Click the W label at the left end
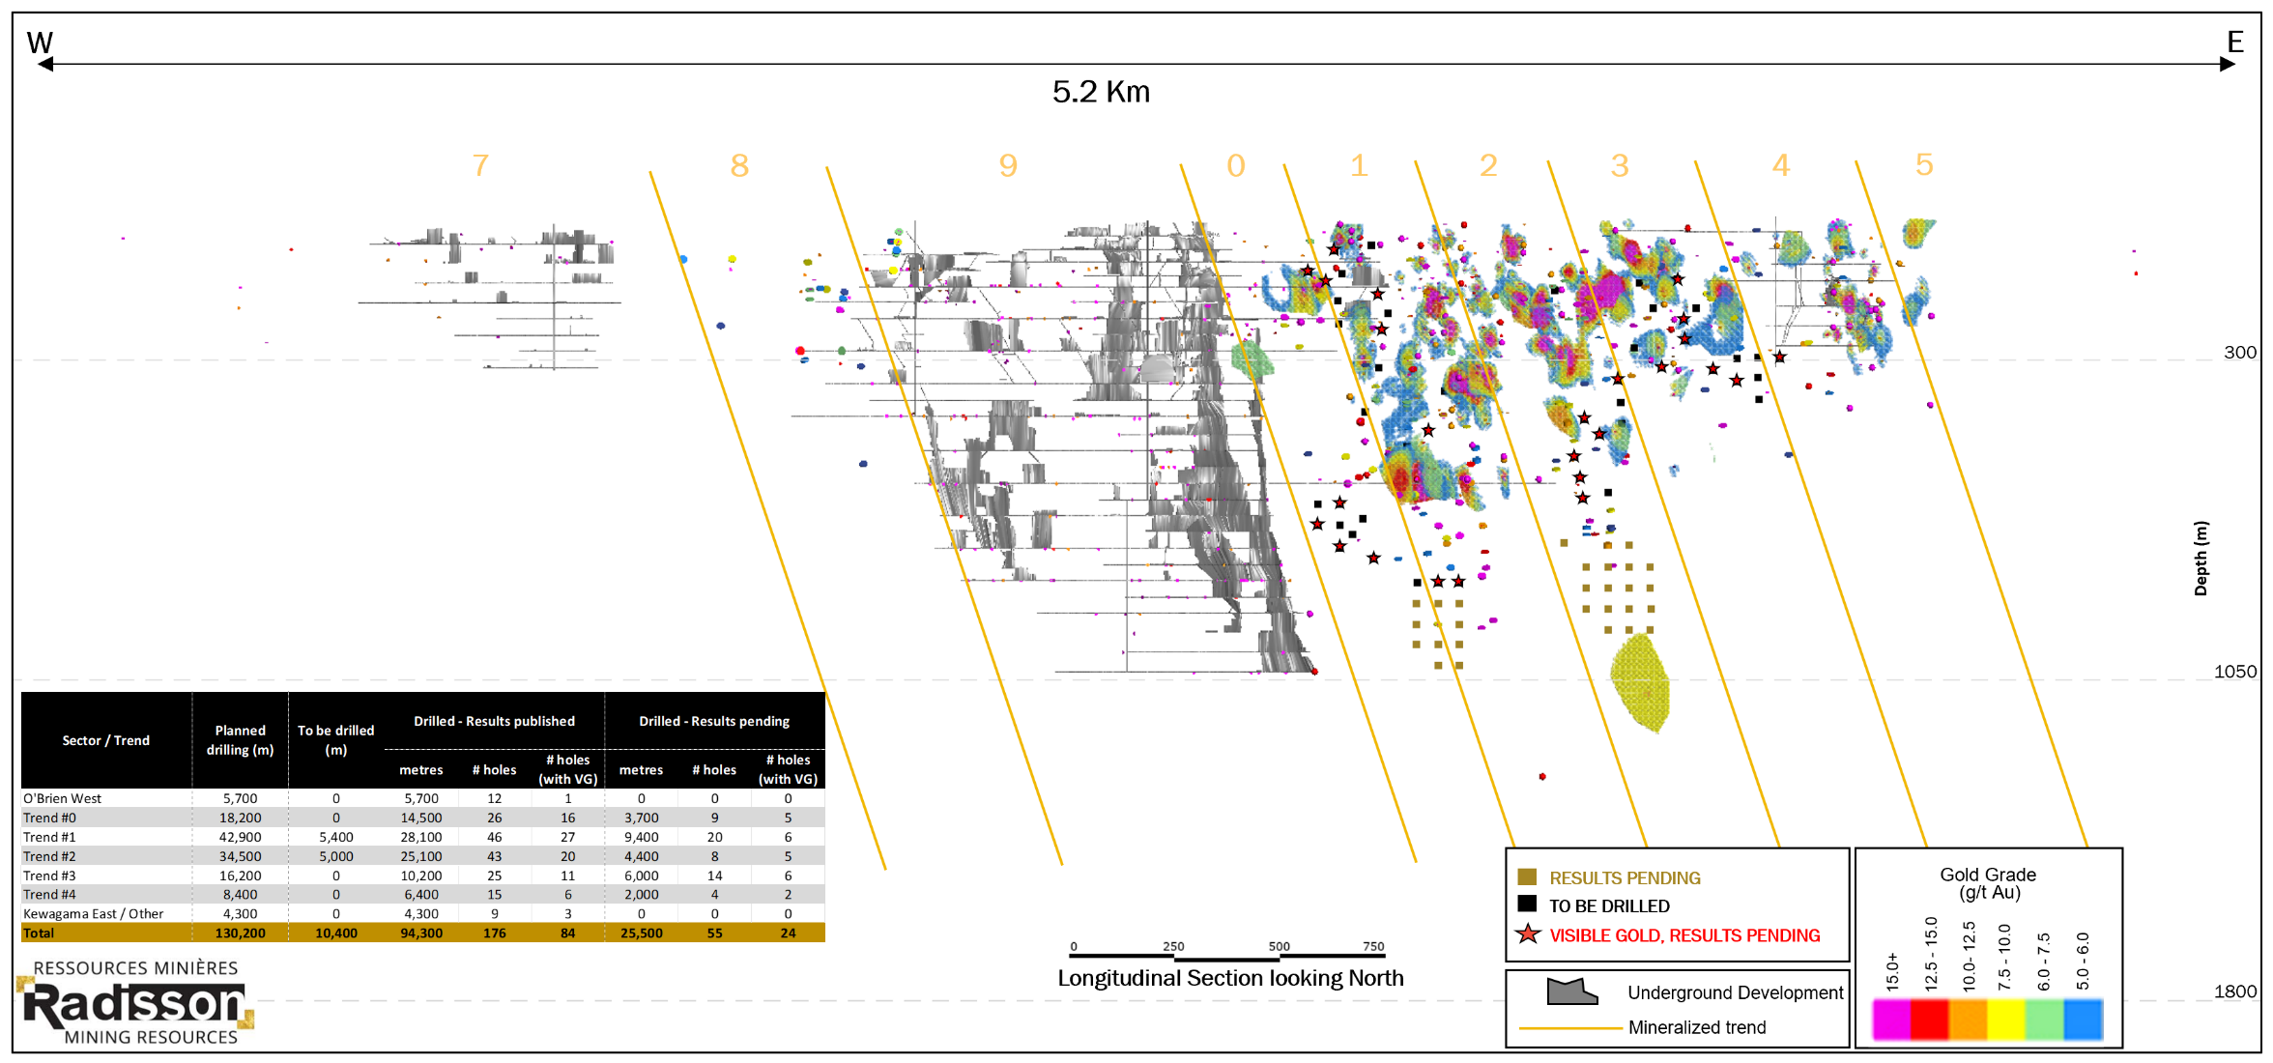pos(40,43)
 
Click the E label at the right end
pos(2234,42)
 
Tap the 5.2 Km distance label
pos(1101,92)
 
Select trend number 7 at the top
pos(480,165)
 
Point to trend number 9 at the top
pos(1008,165)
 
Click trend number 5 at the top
pos(1924,164)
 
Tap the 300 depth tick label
pos(2239,353)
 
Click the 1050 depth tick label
pos(2235,672)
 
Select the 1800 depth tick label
pos(2235,991)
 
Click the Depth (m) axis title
pos(2201,559)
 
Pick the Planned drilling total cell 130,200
pos(240,934)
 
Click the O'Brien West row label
pos(62,798)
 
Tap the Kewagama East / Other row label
pos(93,914)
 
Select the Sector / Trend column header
pos(105,740)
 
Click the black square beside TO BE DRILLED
pos(1527,905)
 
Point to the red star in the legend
pos(1528,934)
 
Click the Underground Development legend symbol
pos(1571,991)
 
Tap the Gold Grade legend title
pos(1988,882)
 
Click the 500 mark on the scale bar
pos(1279,947)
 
